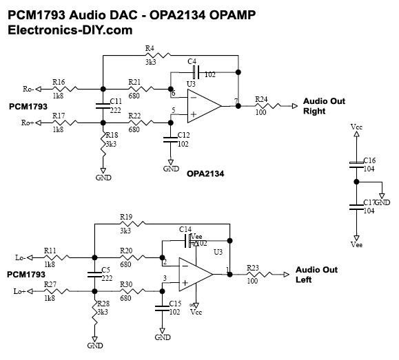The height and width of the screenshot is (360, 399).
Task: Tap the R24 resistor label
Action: [x=261, y=98]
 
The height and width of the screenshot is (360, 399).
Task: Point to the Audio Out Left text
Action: [x=313, y=275]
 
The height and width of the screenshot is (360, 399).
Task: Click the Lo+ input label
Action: [x=20, y=292]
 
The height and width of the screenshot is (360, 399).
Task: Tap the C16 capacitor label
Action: [x=369, y=159]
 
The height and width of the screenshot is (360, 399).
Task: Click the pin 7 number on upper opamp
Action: [x=236, y=101]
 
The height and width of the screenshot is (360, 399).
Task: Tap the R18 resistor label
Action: [x=110, y=136]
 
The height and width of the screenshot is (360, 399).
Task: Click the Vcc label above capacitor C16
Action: [x=356, y=127]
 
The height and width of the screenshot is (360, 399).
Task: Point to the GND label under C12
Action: [x=170, y=169]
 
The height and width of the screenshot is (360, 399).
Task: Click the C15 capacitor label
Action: [x=174, y=304]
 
